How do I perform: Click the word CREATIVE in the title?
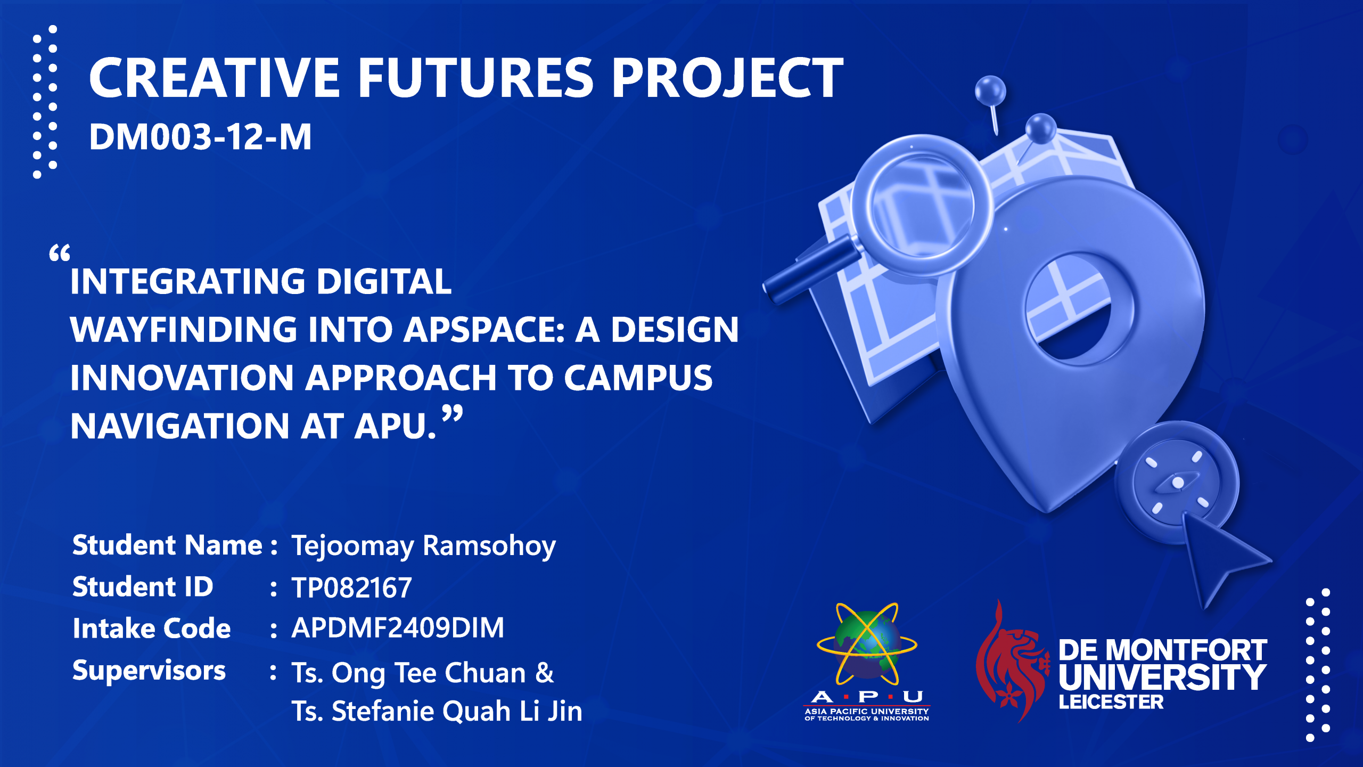[215, 78]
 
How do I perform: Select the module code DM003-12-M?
[200, 137]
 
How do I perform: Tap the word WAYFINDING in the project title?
[184, 330]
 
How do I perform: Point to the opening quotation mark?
[60, 253]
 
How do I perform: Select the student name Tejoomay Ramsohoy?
[424, 546]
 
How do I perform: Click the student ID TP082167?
[351, 588]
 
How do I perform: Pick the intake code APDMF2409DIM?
[398, 628]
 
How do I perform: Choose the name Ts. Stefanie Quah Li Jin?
[437, 712]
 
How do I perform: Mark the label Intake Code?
[152, 629]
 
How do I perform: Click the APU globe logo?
[867, 644]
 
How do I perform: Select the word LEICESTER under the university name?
[1111, 703]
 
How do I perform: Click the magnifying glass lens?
[921, 205]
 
